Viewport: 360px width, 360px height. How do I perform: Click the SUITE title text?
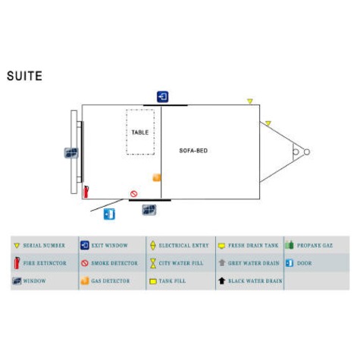(x=24, y=76)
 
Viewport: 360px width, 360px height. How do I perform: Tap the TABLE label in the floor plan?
(x=140, y=133)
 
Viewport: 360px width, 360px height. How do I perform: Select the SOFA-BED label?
(x=193, y=151)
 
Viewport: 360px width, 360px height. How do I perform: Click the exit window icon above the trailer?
(x=162, y=97)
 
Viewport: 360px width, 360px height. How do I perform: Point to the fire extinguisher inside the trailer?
(x=86, y=192)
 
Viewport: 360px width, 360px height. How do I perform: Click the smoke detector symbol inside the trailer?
(x=134, y=194)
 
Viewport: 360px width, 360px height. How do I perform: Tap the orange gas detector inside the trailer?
(x=157, y=177)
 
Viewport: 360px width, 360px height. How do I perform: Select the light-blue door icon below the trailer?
(x=109, y=214)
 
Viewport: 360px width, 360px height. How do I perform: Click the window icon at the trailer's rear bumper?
(x=71, y=153)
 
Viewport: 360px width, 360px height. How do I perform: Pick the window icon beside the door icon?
(x=149, y=210)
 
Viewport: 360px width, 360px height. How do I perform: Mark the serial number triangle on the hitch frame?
(x=268, y=124)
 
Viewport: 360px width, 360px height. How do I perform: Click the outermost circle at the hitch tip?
(x=307, y=152)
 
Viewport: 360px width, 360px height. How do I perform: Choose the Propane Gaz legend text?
(x=315, y=246)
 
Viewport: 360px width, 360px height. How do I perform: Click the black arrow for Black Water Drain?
(x=221, y=280)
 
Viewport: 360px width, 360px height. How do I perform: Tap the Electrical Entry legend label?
(x=183, y=246)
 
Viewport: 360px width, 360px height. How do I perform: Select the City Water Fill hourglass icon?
(x=153, y=263)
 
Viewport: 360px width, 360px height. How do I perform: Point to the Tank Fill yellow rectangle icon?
(x=153, y=281)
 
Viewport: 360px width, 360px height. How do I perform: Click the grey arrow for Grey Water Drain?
(x=222, y=263)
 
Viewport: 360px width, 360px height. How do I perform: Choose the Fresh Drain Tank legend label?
(x=253, y=246)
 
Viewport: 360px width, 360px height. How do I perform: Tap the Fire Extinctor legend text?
(x=45, y=263)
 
